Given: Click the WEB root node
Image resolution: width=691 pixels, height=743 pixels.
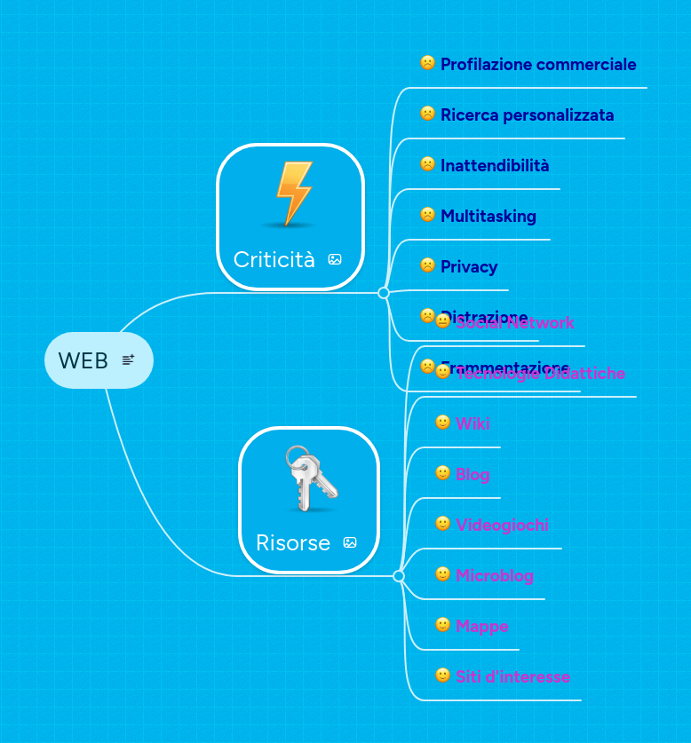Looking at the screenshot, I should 83,360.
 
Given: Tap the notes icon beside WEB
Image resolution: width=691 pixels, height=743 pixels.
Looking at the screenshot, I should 128,360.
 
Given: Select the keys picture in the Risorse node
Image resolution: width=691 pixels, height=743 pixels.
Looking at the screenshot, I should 310,479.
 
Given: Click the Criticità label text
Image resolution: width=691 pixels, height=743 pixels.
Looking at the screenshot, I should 274,259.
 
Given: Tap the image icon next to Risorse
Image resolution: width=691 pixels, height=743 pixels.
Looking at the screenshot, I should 350,542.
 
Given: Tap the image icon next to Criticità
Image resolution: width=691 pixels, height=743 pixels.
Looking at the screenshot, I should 335,259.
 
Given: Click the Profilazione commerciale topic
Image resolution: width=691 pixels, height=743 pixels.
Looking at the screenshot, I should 538,64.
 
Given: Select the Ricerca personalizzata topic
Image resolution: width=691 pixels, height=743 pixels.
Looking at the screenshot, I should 527,115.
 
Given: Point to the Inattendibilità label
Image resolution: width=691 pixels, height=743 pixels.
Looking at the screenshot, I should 495,165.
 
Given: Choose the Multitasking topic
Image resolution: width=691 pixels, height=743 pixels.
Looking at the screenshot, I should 488,216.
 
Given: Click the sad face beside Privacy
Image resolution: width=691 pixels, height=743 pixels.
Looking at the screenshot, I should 427,265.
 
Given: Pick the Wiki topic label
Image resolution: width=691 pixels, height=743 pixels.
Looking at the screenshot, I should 473,423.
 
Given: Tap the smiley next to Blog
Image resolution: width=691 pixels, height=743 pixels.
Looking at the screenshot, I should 442,473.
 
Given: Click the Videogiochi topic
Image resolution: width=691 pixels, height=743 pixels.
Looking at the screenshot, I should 502,525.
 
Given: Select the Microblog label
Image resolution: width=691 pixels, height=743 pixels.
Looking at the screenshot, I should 495,575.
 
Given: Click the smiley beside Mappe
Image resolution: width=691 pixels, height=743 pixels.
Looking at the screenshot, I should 442,625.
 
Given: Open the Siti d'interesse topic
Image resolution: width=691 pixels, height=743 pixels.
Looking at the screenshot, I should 512,676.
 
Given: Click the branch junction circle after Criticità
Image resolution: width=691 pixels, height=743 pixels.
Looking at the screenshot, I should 384,293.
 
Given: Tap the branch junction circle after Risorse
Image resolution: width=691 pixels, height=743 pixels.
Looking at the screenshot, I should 399,576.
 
